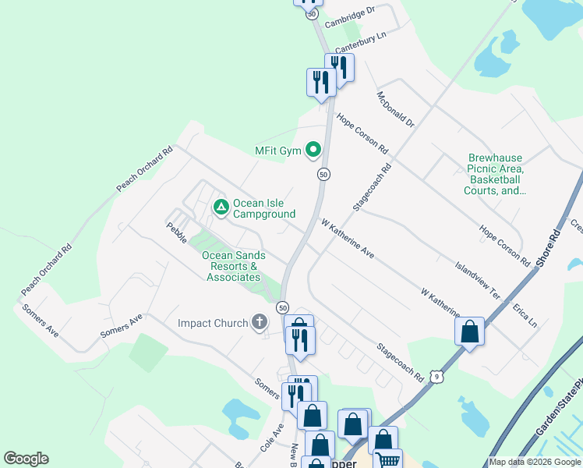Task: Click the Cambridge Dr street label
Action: [x=350, y=16]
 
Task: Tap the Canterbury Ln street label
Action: [x=361, y=41]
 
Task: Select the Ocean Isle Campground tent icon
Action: [x=221, y=207]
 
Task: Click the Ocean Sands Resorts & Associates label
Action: [x=233, y=266]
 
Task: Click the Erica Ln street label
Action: [x=525, y=315]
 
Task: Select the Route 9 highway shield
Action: [x=438, y=377]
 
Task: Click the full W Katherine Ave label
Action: [x=348, y=239]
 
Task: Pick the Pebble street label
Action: [x=176, y=232]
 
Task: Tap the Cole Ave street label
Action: [x=270, y=441]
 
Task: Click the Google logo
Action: [x=26, y=459]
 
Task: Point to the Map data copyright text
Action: [x=535, y=462]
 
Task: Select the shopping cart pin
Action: [x=387, y=459]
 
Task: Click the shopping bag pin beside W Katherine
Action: [x=470, y=331]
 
